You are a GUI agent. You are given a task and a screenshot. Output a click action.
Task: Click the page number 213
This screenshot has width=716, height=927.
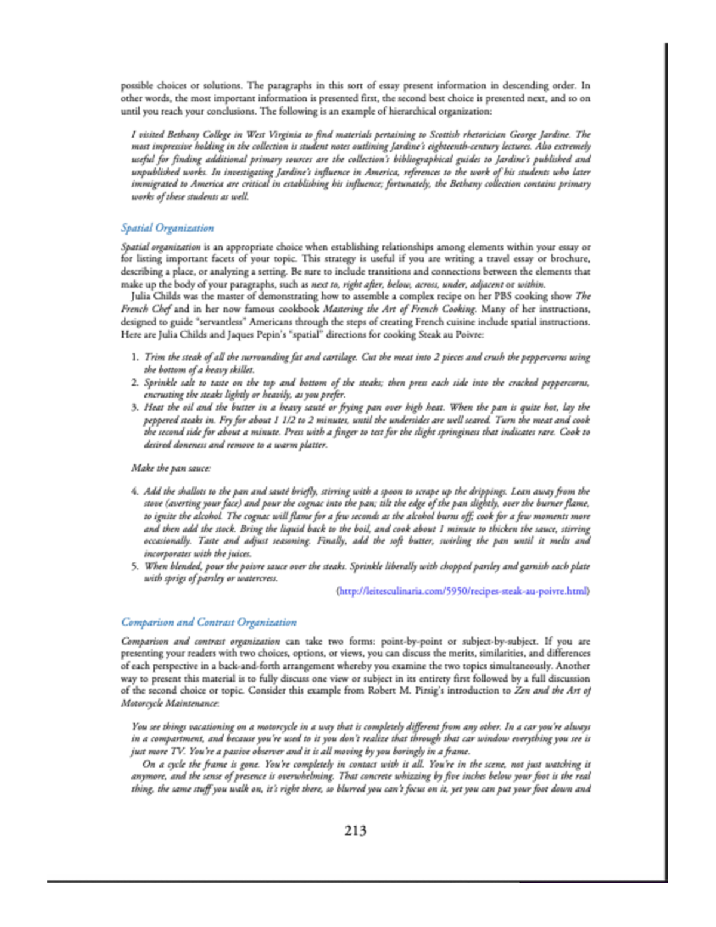(x=355, y=830)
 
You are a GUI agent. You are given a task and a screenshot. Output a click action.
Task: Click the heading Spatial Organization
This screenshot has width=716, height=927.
(x=167, y=228)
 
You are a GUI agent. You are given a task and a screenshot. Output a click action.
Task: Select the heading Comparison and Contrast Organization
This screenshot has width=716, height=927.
(x=208, y=622)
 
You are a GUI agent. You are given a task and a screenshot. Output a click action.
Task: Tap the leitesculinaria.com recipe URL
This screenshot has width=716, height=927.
(x=463, y=591)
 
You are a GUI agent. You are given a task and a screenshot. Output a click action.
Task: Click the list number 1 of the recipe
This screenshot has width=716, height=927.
(x=135, y=357)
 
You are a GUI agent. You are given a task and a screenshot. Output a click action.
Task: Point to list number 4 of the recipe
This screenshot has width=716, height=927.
(x=135, y=491)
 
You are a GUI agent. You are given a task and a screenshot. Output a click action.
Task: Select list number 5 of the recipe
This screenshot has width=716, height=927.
(x=135, y=566)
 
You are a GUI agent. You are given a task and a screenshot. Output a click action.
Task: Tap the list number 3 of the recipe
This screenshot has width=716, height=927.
(x=135, y=407)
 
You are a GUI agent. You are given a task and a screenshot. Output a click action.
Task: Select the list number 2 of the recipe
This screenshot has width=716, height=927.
(x=135, y=382)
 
